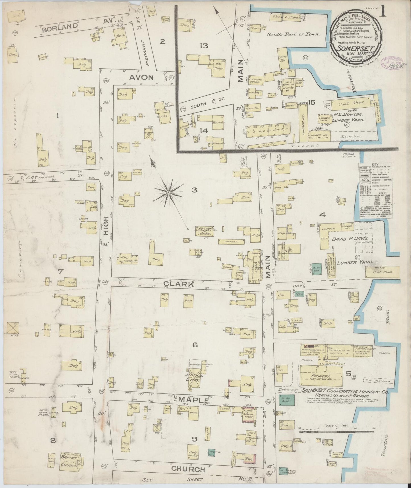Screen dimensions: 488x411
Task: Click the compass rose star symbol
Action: pyautogui.click(x=168, y=193)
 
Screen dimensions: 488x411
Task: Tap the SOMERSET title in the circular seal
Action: pyautogui.click(x=353, y=48)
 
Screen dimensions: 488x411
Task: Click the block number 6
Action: pyautogui.click(x=195, y=345)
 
